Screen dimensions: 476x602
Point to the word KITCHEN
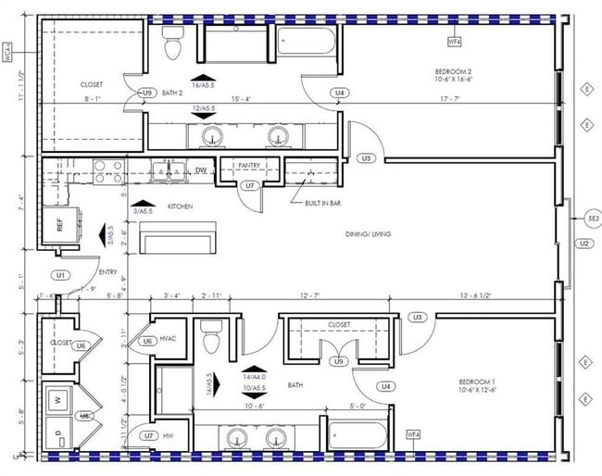(180, 207)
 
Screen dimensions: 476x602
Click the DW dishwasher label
(200, 170)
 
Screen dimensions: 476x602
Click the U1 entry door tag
(61, 275)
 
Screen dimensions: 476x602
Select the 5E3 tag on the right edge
(594, 219)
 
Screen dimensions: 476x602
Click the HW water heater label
(169, 435)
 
